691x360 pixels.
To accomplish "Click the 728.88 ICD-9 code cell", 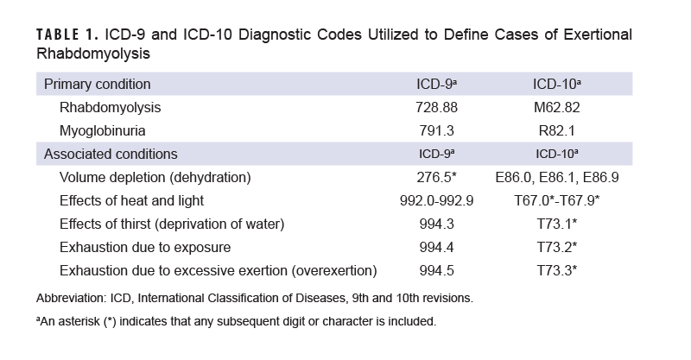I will point(436,108).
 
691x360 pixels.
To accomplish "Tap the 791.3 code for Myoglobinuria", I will point(436,131).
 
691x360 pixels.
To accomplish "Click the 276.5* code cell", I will point(436,178).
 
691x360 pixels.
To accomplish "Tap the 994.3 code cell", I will point(436,224).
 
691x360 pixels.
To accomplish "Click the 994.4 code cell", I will point(436,248).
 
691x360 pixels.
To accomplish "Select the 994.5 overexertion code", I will point(436,271).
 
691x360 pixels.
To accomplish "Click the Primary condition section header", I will point(98,85).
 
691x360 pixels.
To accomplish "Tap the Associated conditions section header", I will point(111,155).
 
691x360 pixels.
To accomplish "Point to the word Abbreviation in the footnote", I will point(70,299).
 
